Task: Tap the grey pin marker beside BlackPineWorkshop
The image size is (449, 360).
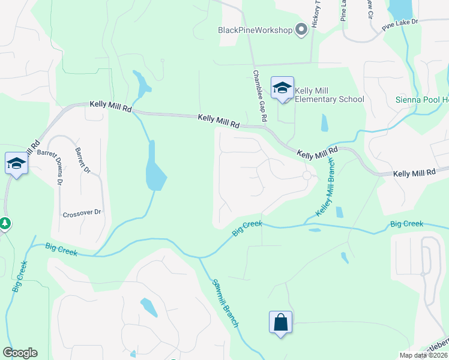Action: point(301,29)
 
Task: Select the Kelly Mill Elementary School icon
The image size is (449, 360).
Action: point(282,88)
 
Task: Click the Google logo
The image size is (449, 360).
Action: point(20,353)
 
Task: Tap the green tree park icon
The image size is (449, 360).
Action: point(5,224)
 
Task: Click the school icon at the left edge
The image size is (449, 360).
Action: point(16,163)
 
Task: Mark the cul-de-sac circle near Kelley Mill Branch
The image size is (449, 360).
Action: point(307,175)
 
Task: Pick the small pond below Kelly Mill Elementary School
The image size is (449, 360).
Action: point(325,122)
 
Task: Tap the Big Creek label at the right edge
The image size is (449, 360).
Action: point(406,224)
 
